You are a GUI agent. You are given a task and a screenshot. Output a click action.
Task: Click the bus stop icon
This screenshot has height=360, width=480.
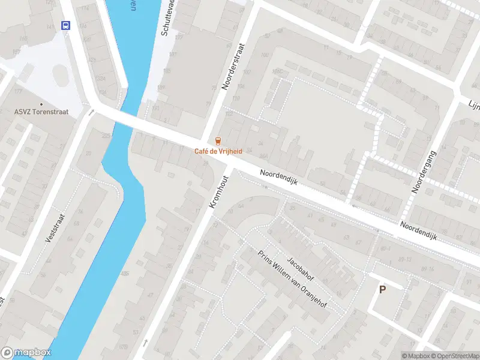click(65, 25)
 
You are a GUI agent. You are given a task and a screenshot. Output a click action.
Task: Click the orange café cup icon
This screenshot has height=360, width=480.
click(219, 140)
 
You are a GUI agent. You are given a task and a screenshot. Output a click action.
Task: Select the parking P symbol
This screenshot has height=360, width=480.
click(382, 290)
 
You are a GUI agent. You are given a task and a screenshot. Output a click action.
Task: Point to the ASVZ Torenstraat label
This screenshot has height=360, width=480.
click(41, 112)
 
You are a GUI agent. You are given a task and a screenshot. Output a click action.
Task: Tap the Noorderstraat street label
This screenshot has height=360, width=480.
click(234, 66)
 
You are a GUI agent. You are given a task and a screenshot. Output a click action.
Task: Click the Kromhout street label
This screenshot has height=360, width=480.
click(220, 187)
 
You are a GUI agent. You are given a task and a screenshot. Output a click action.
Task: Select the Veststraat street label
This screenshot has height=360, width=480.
click(54, 226)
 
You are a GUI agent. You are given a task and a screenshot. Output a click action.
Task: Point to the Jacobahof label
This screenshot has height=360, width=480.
click(300, 269)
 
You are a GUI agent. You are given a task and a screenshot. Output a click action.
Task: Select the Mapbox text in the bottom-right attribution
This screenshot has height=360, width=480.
click(417, 356)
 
